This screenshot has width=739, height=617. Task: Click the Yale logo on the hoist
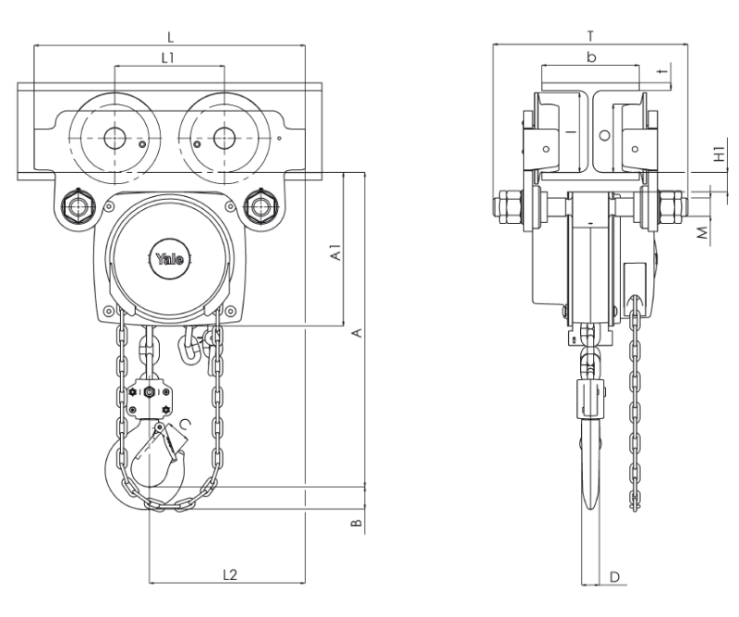[170, 259]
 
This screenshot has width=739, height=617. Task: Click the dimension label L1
[168, 57]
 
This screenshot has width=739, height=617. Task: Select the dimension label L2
[229, 574]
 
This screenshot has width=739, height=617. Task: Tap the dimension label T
[590, 36]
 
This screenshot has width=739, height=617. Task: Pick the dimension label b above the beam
[591, 57]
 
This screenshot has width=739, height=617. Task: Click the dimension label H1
[720, 154]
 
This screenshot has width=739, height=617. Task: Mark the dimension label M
[702, 233]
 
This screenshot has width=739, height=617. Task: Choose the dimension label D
[614, 576]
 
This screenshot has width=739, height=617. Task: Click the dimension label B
[357, 523]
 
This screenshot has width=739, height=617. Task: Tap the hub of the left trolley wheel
[114, 138]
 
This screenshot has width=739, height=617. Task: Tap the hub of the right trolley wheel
[224, 138]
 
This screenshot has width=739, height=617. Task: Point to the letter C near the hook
[186, 425]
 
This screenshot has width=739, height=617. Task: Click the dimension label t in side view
[663, 71]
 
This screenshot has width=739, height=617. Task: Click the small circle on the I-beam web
[604, 135]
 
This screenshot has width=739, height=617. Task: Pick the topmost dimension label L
[171, 36]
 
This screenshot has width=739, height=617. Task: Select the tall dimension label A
[357, 332]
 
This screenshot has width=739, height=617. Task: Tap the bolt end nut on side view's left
[506, 206]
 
